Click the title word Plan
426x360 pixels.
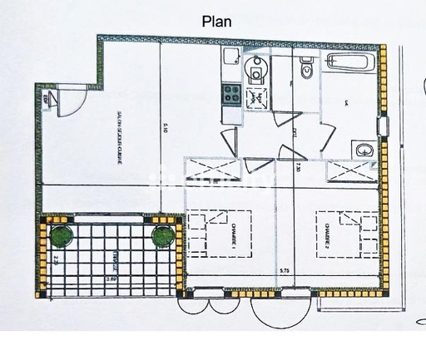217,22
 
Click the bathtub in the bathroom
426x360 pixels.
350,62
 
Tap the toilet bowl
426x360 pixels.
305,69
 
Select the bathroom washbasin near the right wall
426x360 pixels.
364,150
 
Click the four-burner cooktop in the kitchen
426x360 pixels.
230,94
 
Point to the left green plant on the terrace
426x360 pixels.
60,236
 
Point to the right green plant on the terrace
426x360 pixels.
163,236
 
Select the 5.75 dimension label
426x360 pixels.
283,270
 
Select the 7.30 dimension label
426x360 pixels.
297,169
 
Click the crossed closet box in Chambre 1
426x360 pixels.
215,169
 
